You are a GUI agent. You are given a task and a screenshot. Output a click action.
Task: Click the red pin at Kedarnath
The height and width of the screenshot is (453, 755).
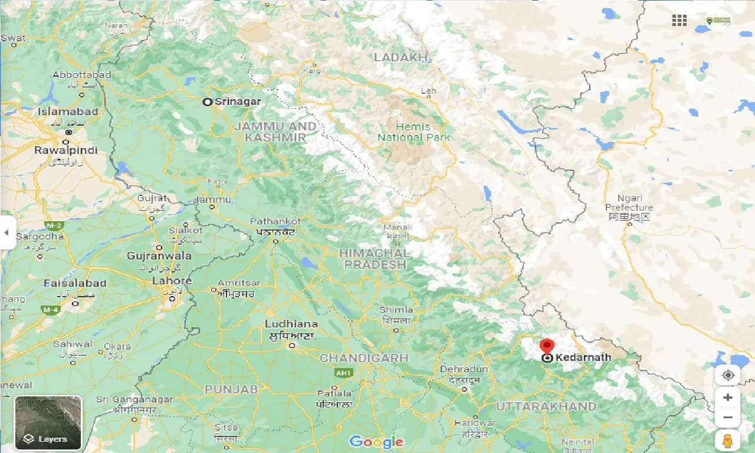point(547,345)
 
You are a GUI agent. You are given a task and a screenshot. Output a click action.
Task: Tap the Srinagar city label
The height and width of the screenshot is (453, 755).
point(237,101)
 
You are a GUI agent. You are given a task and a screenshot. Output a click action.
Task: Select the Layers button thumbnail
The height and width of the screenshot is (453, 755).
point(48,422)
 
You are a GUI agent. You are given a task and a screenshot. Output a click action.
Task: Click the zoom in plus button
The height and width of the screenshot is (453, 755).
point(727,398)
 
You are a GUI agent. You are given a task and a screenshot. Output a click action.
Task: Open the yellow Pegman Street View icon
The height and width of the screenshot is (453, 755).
point(727,441)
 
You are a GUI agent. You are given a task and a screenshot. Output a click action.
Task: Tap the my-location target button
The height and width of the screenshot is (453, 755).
point(727,375)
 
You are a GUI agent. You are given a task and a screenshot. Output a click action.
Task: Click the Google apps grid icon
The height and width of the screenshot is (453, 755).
point(679,21)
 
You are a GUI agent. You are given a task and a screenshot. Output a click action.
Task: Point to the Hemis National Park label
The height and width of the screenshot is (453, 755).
point(413,132)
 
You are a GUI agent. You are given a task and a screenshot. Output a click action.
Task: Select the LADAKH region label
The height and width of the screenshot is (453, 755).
point(401,57)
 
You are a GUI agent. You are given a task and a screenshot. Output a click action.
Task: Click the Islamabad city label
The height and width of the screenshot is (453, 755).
point(68,111)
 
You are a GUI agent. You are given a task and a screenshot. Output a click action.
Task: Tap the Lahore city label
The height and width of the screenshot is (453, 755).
point(172,281)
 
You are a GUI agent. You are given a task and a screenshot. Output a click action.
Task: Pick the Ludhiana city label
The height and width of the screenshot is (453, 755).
point(291,324)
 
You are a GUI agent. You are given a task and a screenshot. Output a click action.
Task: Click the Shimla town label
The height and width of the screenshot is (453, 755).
point(396,310)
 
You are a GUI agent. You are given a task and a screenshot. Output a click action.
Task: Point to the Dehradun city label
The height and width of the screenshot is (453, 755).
point(464,369)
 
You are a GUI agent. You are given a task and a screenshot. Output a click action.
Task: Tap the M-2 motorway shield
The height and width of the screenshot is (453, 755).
point(54,225)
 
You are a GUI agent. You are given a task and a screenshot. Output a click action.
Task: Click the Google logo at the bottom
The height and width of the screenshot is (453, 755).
point(376,442)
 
